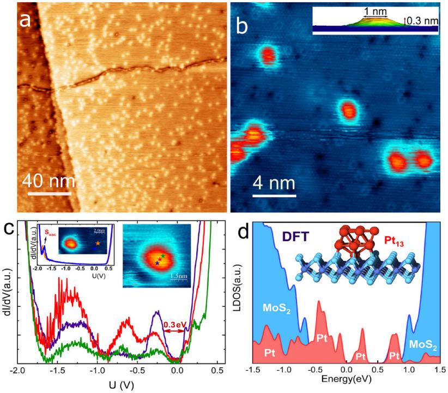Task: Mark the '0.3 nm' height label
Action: (x=424, y=21)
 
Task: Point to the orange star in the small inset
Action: (x=98, y=242)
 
